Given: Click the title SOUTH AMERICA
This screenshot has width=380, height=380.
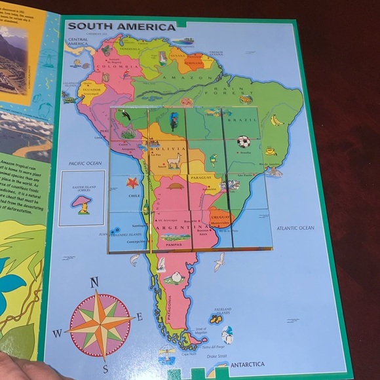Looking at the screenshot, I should pyautogui.click(x=122, y=27).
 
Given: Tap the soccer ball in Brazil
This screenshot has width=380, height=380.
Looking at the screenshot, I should pyautogui.click(x=243, y=142).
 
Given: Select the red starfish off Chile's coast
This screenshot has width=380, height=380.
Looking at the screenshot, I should pyautogui.click(x=132, y=183).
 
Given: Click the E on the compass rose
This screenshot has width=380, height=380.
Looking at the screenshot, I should pyautogui.click(x=139, y=317).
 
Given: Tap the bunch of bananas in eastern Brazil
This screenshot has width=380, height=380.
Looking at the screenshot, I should pyautogui.click(x=277, y=120).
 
